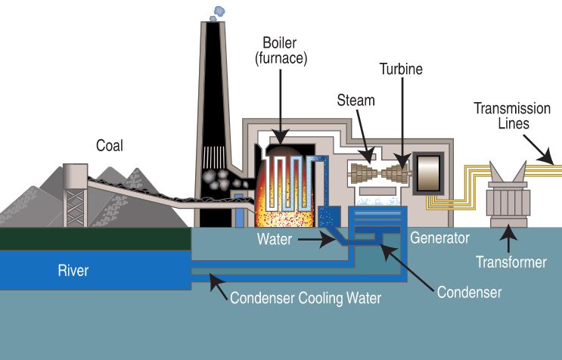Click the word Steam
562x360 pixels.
(356, 100)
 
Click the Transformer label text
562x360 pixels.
(511, 262)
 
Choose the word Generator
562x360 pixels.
(439, 238)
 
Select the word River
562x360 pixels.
(73, 270)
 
